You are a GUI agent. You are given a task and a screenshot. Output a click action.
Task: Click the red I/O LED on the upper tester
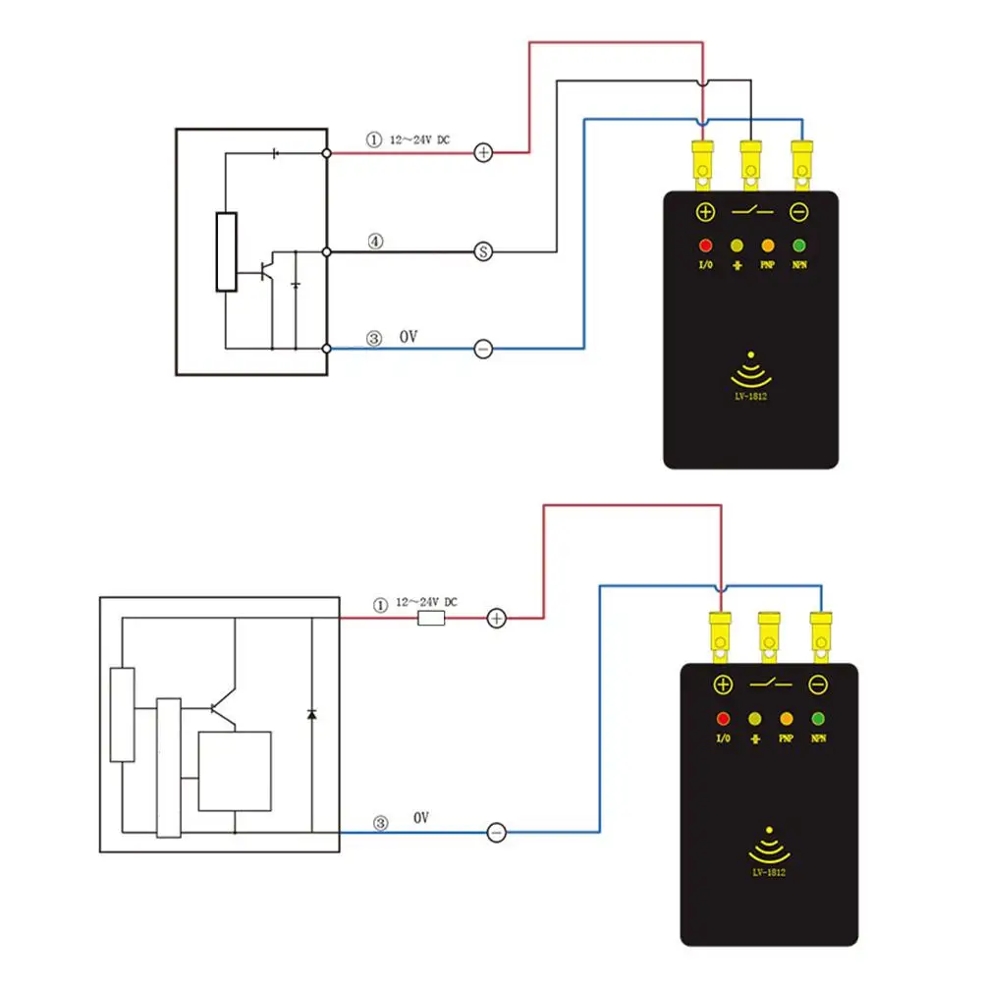pos(704,246)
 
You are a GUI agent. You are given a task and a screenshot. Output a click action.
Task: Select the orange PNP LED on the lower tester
pos(786,718)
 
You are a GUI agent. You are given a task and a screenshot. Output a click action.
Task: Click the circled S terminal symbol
pos(483,251)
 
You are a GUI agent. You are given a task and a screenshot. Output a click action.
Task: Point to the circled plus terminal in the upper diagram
pos(483,152)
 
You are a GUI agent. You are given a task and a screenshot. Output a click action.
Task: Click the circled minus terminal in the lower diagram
pos(497,833)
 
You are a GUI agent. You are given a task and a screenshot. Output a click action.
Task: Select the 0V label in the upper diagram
pos(409,337)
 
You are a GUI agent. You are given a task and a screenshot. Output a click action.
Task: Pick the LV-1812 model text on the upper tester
pos(751,396)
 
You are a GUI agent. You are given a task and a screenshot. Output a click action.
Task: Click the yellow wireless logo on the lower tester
pos(770,846)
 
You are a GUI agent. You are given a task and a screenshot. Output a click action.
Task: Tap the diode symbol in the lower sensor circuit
pos(311,713)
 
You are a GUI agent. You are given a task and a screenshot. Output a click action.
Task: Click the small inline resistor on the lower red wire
pos(431,619)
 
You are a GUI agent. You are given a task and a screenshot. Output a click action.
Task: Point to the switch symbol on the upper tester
pos(751,211)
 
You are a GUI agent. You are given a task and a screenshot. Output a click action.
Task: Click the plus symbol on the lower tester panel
pos(722,684)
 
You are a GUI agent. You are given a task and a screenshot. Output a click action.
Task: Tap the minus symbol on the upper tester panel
pos(799,211)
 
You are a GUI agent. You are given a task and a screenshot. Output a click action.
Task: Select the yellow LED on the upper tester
pos(736,246)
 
